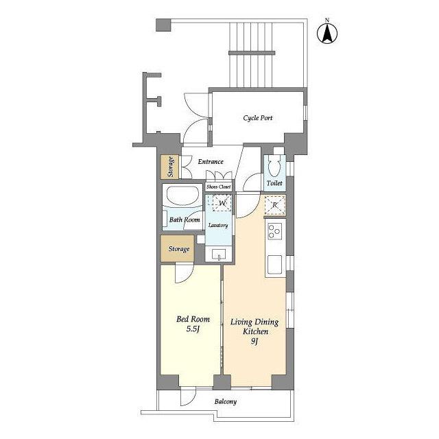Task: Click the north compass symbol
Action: point(327,32)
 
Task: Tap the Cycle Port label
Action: point(258,118)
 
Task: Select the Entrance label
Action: point(211,162)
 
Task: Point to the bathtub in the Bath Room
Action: point(182,195)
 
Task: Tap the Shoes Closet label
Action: point(219,187)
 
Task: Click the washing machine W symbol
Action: point(222,203)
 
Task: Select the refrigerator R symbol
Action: point(275,205)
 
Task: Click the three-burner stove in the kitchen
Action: point(274,232)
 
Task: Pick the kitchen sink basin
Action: point(274,264)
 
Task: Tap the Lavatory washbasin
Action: point(219,254)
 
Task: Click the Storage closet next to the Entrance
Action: point(169,167)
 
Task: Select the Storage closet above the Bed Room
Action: point(178,248)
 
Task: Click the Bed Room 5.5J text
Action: point(193,324)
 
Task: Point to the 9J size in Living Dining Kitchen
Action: point(254,342)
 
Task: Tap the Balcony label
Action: point(226,401)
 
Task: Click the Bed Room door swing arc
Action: point(187,277)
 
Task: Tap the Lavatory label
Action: point(218,225)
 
